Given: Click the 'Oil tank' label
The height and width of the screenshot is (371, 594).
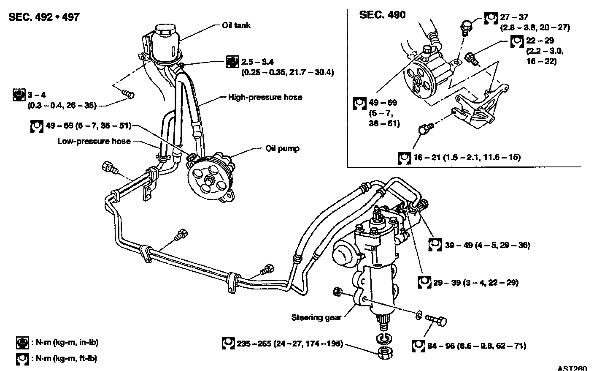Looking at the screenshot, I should tap(236, 25).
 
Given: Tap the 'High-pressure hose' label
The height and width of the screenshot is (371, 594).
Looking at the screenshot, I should tap(265, 97).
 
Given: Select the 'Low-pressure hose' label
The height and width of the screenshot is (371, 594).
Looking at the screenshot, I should tap(94, 141).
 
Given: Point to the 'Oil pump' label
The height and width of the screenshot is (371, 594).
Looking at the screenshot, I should tap(282, 148).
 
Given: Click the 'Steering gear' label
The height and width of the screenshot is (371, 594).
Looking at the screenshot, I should tap(316, 317).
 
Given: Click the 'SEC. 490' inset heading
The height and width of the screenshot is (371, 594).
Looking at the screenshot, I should tap(382, 15).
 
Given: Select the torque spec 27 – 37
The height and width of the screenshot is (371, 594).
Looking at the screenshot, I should tap(514, 18).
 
